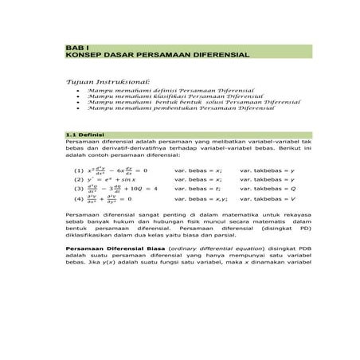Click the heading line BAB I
click(74, 47)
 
